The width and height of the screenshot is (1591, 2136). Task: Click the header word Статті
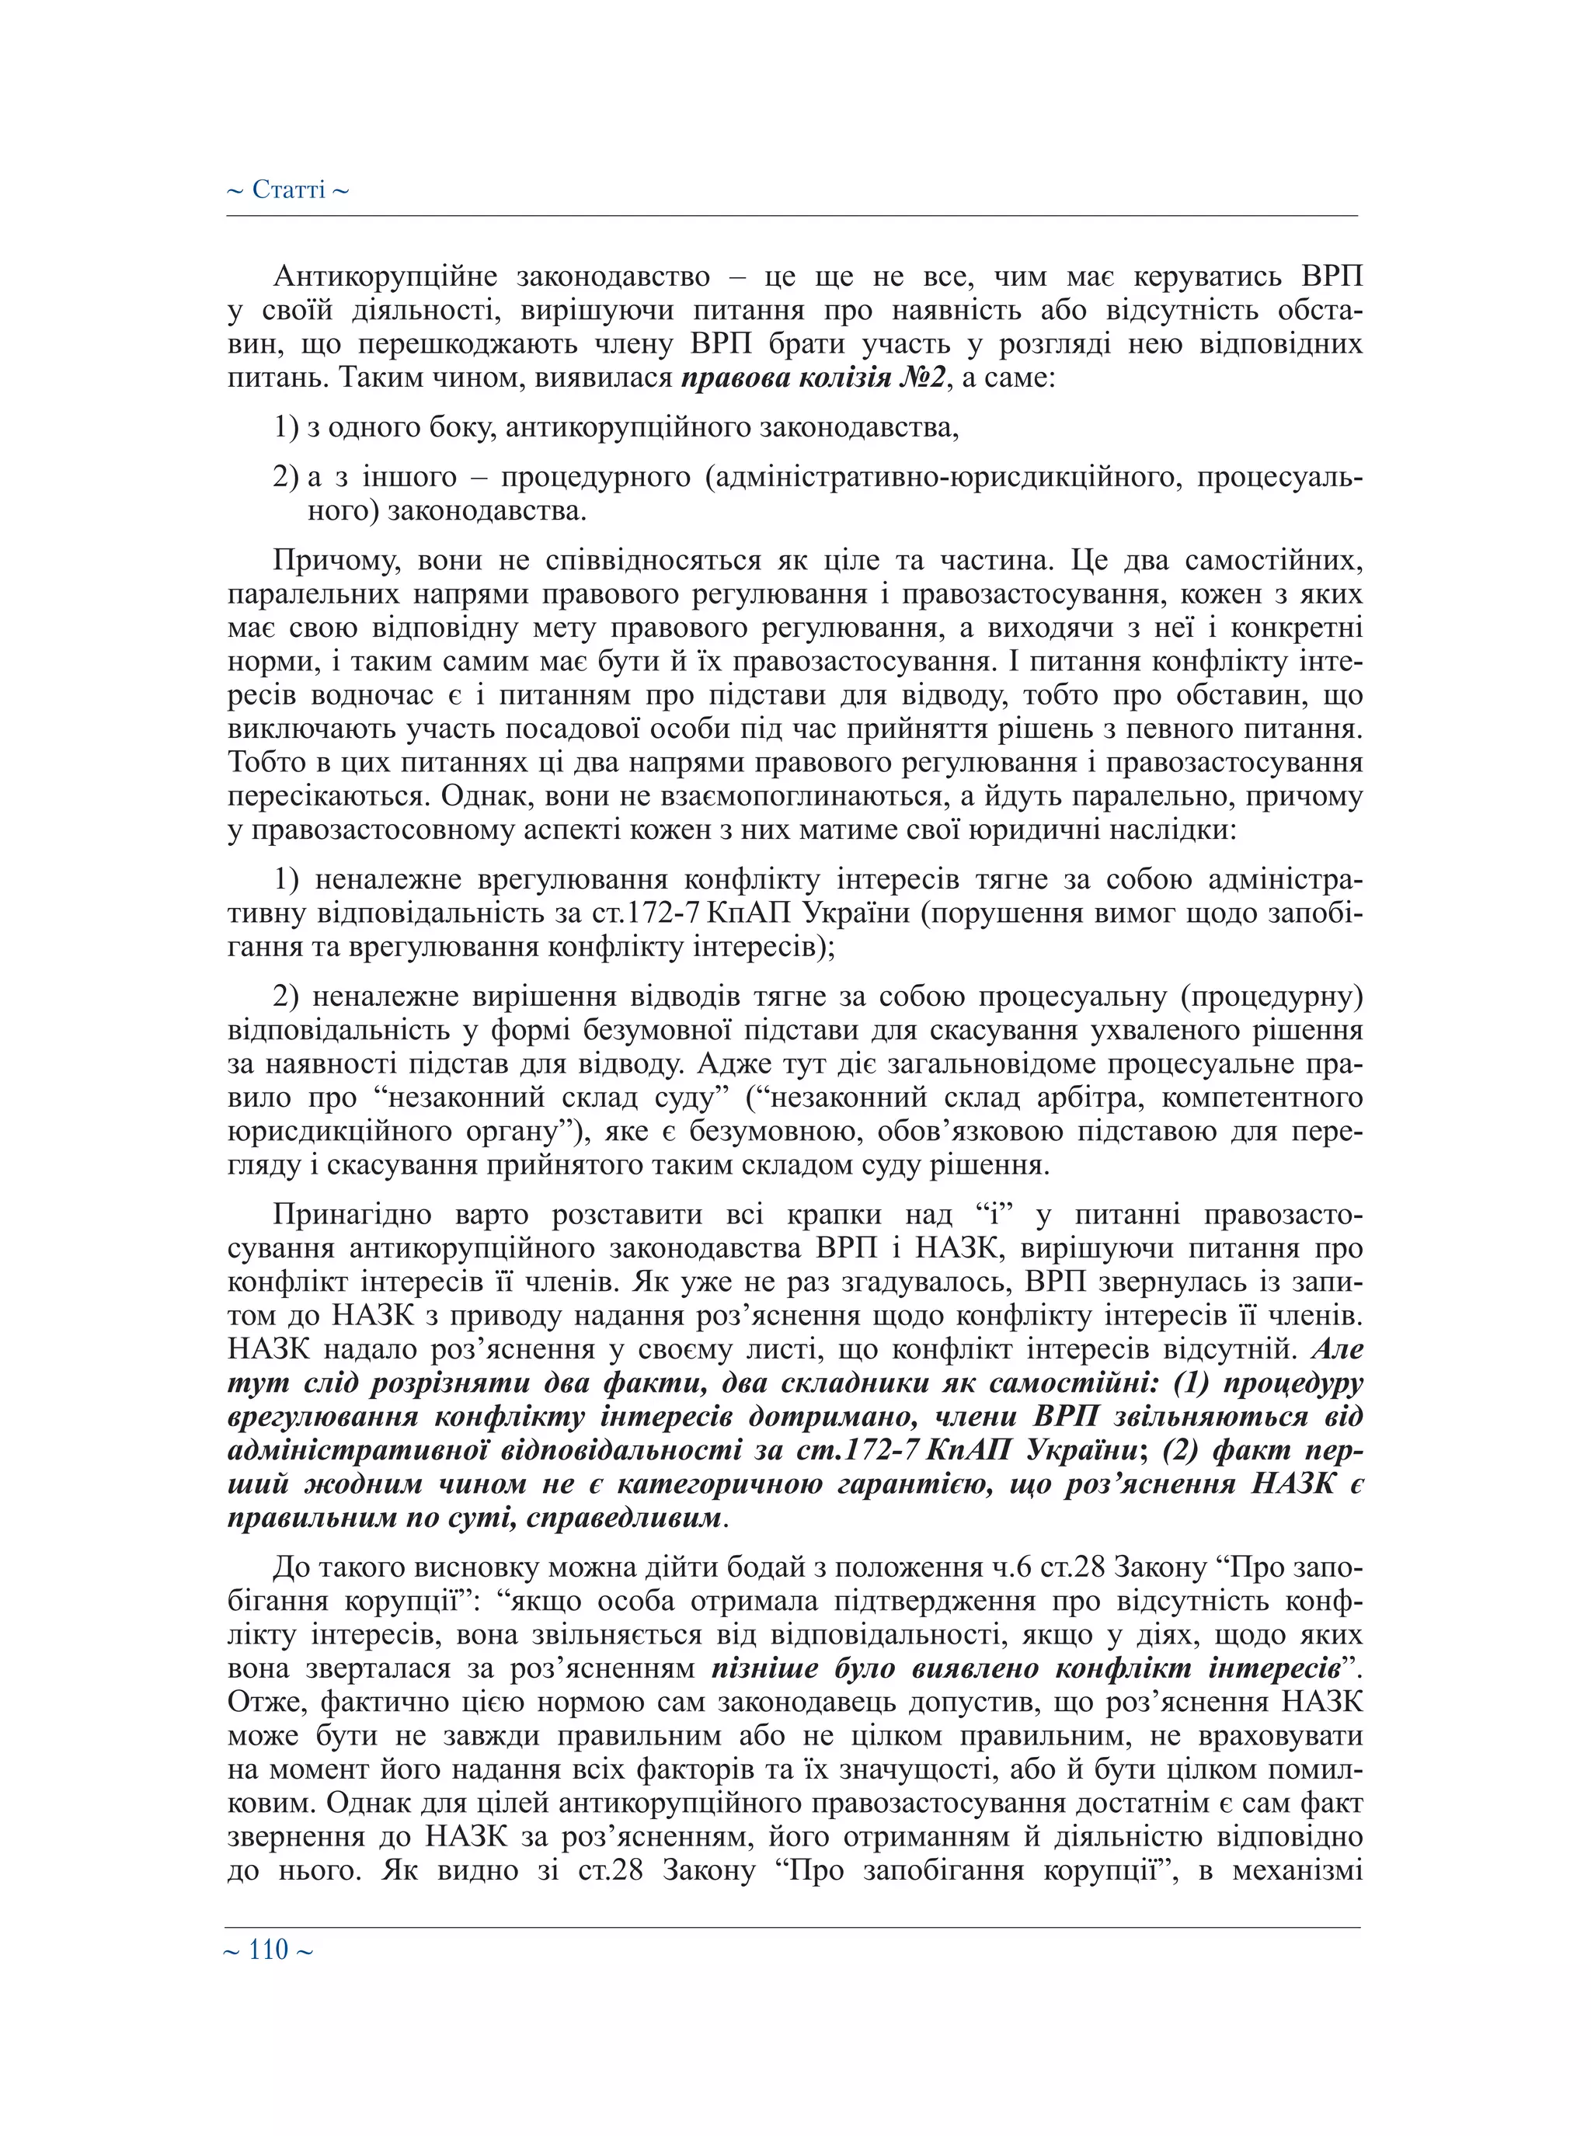(x=288, y=190)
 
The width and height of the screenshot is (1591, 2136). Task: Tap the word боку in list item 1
(x=462, y=427)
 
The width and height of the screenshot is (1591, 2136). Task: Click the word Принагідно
(x=353, y=1216)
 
